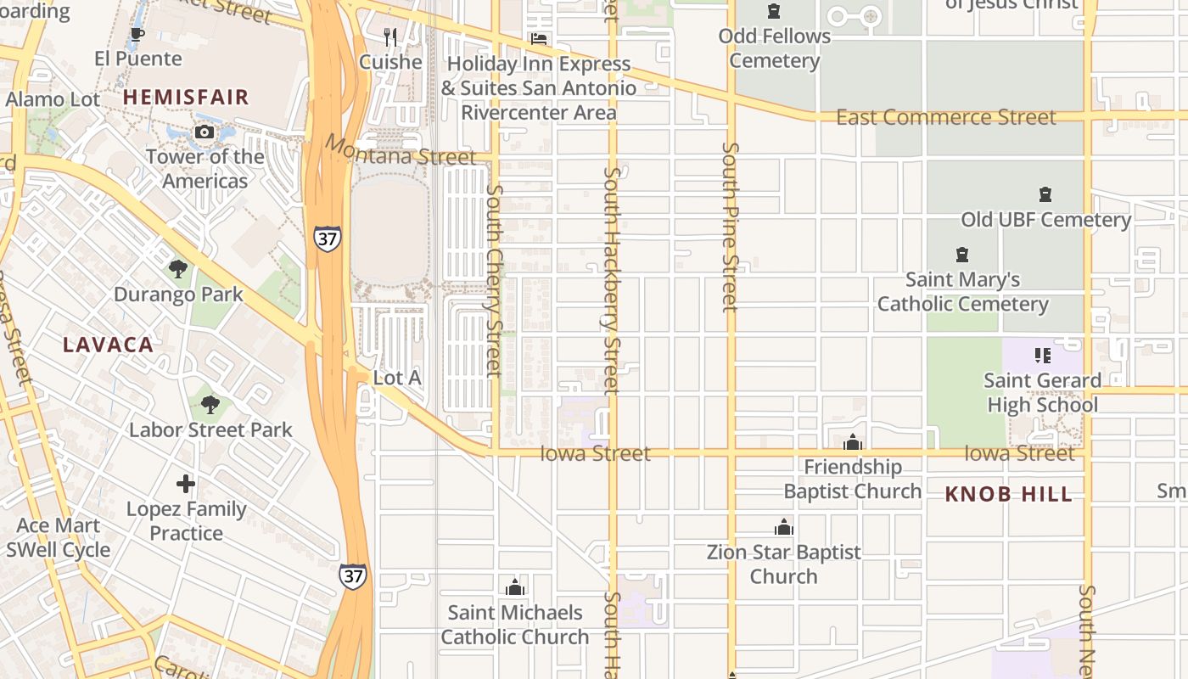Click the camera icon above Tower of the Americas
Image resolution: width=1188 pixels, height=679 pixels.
click(x=205, y=132)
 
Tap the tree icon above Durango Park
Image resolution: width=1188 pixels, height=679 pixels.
click(x=178, y=270)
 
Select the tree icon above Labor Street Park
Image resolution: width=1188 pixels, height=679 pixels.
click(x=210, y=405)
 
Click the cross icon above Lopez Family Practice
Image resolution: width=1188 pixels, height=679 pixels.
click(x=186, y=485)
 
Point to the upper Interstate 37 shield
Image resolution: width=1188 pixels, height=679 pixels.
click(x=328, y=238)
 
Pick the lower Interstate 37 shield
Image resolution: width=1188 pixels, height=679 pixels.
click(x=354, y=575)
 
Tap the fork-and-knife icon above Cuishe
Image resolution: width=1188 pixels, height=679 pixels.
click(x=390, y=36)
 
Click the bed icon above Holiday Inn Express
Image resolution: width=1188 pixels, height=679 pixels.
click(x=538, y=39)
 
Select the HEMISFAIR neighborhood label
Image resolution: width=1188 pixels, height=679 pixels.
click(x=186, y=97)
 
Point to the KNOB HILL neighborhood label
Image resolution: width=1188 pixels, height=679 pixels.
click(x=1009, y=495)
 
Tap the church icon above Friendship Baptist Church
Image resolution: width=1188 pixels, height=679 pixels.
click(x=853, y=442)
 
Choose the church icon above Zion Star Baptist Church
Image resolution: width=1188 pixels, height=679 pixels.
click(x=783, y=527)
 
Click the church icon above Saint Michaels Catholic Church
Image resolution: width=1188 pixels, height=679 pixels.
click(x=514, y=586)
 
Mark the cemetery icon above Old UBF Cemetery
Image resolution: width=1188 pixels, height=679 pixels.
click(x=1045, y=195)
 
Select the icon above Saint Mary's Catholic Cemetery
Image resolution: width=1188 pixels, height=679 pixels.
click(x=962, y=255)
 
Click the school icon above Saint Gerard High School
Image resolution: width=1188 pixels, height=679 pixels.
click(x=1042, y=356)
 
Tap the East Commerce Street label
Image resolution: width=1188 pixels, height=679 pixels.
click(x=946, y=117)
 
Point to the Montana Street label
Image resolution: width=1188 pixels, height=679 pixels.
click(x=401, y=152)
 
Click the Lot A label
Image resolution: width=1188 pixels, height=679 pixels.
click(x=397, y=378)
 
